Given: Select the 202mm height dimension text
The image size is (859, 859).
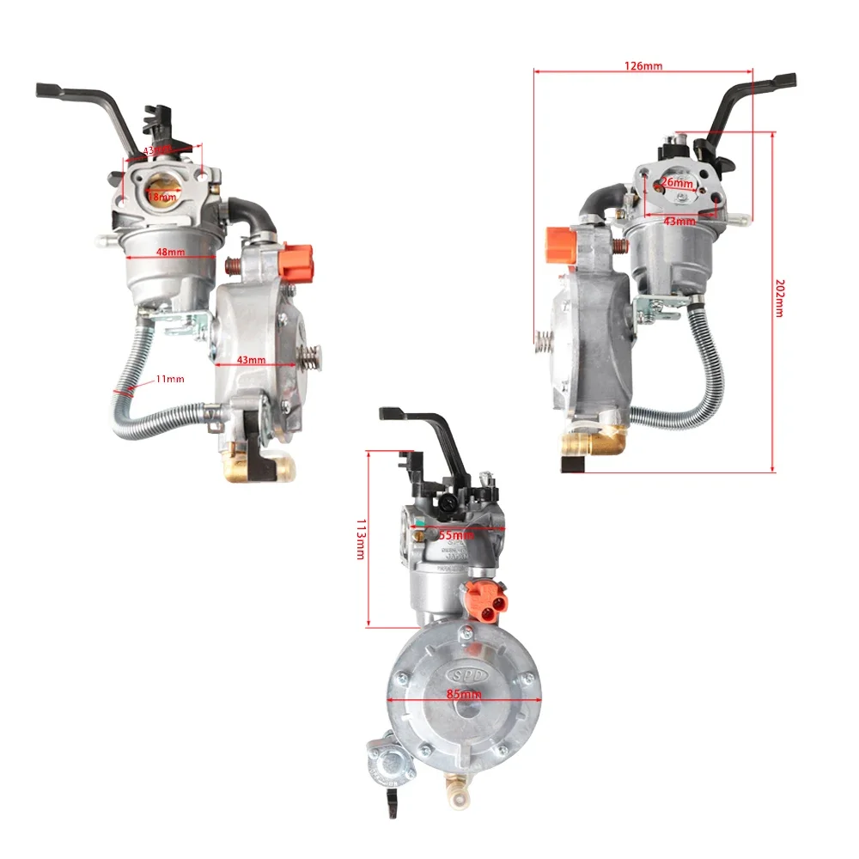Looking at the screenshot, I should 778,297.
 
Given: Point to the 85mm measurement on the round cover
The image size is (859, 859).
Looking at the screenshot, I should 464,693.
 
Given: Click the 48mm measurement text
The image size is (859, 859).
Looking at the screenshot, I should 170,253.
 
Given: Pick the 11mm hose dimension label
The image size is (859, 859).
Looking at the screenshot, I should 170,379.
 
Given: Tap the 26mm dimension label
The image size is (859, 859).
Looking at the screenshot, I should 678,183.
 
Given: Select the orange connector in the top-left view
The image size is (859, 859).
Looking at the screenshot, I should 295,256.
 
